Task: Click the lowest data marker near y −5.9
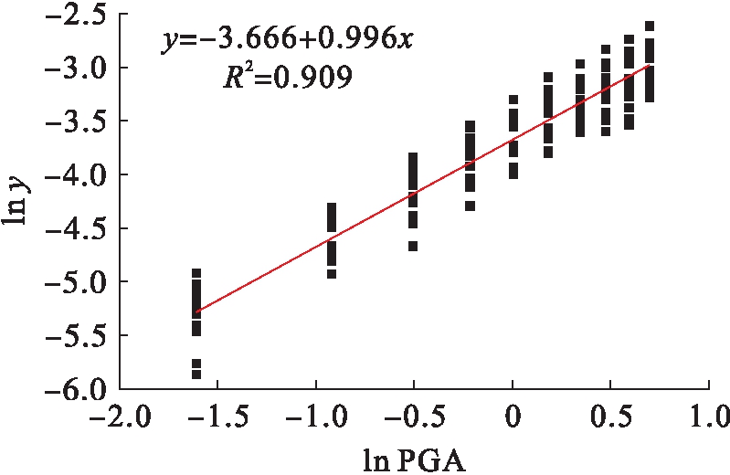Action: [x=196, y=374]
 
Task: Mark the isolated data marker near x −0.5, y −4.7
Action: [x=413, y=246]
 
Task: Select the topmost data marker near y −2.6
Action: [x=650, y=26]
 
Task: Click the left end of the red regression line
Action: [x=196, y=311]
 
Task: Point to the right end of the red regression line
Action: [x=650, y=65]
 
